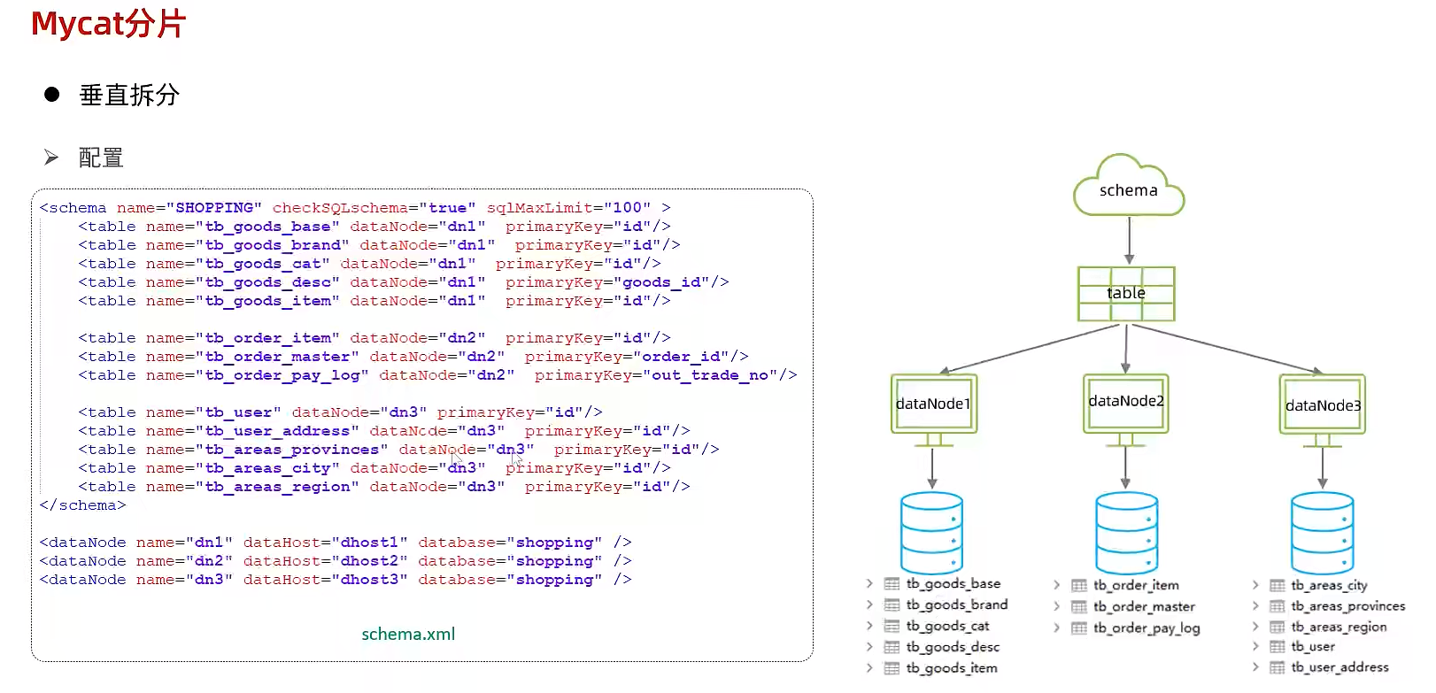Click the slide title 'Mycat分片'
coord(108,24)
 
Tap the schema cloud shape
coord(1128,189)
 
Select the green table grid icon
coord(1126,294)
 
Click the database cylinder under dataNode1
coord(931,533)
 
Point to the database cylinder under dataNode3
coord(1322,533)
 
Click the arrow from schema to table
coord(1129,240)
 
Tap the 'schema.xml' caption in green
coord(408,634)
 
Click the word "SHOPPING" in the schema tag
coord(214,208)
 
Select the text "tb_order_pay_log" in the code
coord(282,375)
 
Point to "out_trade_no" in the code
coord(710,375)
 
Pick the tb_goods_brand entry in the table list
coord(956,604)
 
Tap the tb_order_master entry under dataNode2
coord(1143,606)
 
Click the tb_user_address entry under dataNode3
coord(1339,667)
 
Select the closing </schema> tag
coord(82,505)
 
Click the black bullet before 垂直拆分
coord(52,95)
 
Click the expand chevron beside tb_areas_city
coord(1255,585)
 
